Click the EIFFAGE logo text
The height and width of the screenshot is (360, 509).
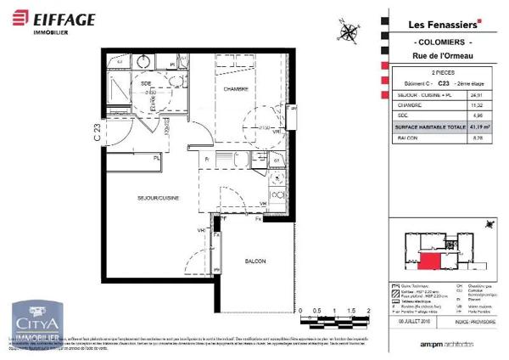tap(66, 18)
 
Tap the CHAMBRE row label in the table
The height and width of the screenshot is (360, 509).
tap(404, 105)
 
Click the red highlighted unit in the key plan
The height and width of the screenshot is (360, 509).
tap(431, 262)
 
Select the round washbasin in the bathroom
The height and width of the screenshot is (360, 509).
tap(143, 62)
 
